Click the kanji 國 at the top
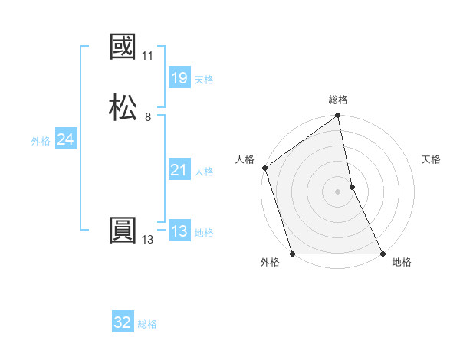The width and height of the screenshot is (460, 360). (x=123, y=47)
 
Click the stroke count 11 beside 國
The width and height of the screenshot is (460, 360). (x=147, y=56)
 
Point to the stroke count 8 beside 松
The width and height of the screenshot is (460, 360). (x=147, y=116)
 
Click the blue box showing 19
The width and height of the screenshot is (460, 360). (x=179, y=78)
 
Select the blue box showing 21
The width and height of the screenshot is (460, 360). (x=179, y=170)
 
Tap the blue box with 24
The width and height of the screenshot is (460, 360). (x=65, y=139)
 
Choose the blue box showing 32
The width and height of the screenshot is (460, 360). (x=123, y=322)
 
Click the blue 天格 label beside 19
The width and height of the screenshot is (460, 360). (x=204, y=80)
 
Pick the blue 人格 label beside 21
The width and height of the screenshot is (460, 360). (x=204, y=172)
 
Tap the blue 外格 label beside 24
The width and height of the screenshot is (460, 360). (x=41, y=141)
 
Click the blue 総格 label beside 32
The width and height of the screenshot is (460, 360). (x=147, y=324)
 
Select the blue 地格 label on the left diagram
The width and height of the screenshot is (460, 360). (x=204, y=233)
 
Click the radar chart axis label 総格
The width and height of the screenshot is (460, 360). (x=338, y=100)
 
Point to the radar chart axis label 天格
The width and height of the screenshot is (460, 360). (x=432, y=159)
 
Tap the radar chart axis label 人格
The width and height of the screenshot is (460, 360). (x=245, y=159)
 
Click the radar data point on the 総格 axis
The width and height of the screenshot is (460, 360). (x=338, y=117)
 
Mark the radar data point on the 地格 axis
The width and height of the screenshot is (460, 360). (x=382, y=254)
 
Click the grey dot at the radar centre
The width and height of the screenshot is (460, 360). (x=338, y=191)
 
